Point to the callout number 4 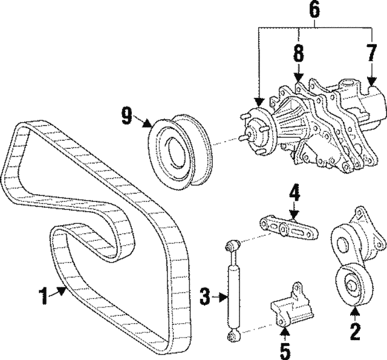click(x=293, y=195)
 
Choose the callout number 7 click(x=371, y=54)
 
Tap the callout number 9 click(x=126, y=116)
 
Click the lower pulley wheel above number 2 click(x=352, y=285)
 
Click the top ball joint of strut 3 click(x=231, y=247)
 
